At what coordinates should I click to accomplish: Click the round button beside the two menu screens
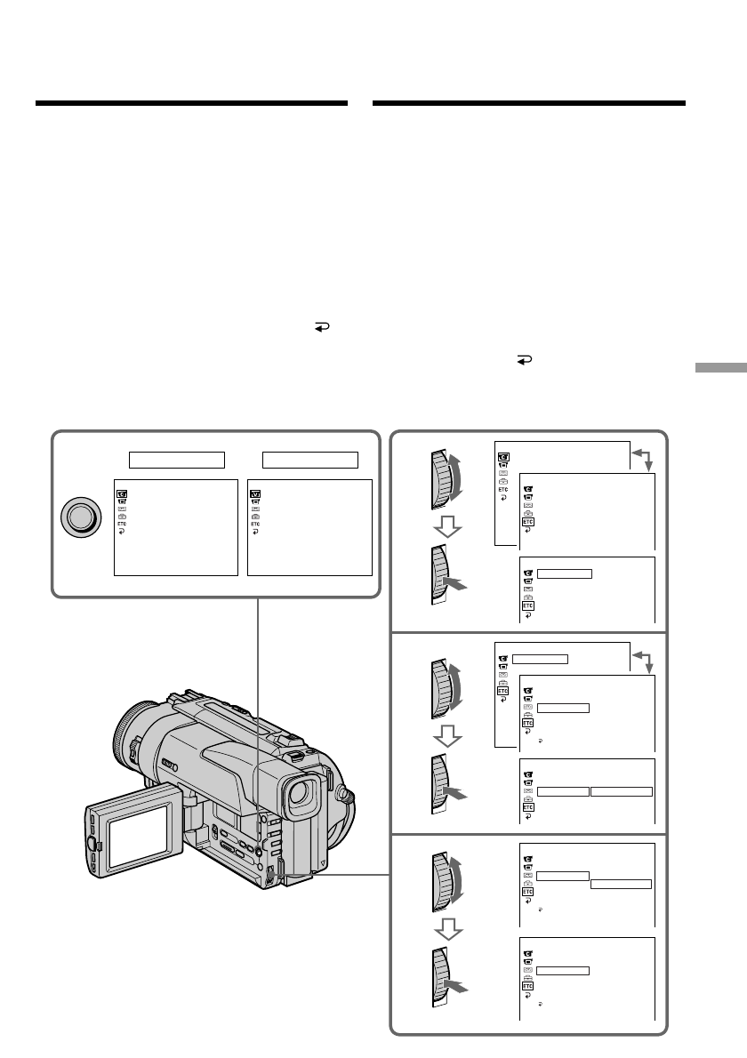tap(81, 517)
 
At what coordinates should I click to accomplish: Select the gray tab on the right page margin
tap(720, 368)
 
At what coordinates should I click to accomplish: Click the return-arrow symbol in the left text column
tap(322, 327)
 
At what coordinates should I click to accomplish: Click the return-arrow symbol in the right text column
tap(525, 360)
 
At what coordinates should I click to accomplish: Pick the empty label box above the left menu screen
tap(177, 461)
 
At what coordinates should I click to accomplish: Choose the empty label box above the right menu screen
tap(309, 461)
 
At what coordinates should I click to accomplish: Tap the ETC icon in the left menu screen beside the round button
tap(122, 524)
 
